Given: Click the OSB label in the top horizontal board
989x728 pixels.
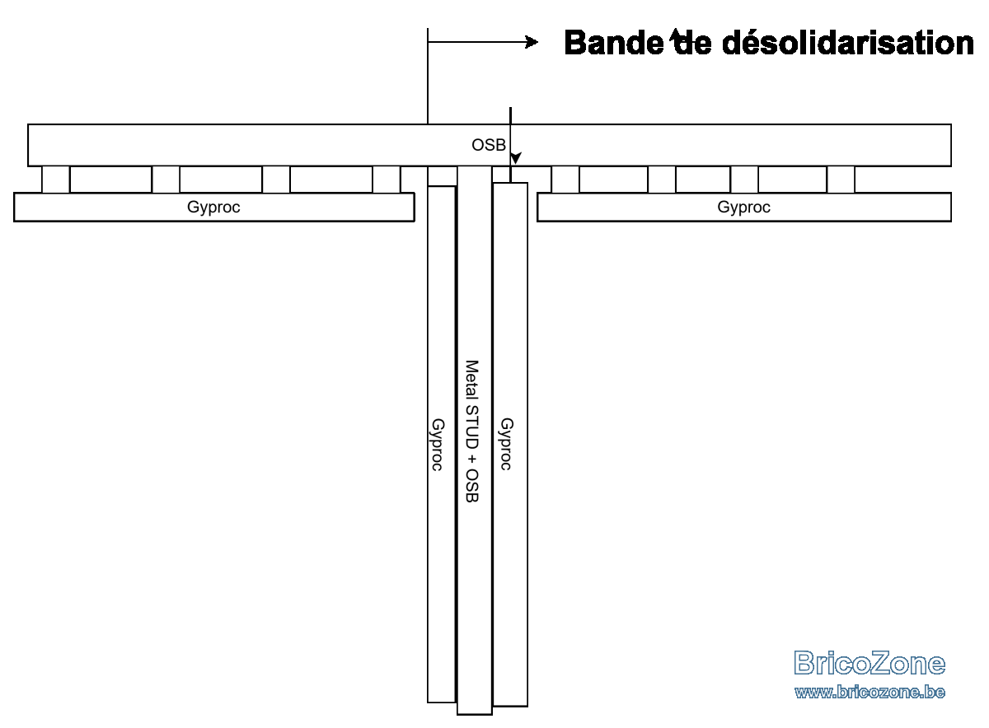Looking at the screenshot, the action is click(488, 145).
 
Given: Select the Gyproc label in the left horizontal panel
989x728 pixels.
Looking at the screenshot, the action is click(213, 208).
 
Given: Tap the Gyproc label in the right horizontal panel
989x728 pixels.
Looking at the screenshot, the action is click(744, 208).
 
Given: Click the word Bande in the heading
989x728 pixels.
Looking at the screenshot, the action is click(614, 43).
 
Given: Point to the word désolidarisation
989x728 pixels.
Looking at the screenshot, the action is click(848, 43).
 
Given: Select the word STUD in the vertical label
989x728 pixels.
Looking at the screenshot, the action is click(472, 427).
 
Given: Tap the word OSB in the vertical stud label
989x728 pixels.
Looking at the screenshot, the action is click(472, 486).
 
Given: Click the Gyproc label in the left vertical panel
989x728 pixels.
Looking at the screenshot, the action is click(438, 445).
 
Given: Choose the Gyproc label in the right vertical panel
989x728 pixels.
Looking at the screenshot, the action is click(506, 445).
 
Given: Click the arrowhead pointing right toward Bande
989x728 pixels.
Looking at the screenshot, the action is click(532, 42).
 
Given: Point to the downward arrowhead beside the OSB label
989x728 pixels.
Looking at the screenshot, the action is click(515, 158).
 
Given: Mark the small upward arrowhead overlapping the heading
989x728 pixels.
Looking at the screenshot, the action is click(675, 35).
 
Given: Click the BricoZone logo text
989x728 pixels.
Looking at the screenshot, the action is click(869, 663).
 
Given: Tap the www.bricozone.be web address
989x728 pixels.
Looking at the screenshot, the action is click(869, 692).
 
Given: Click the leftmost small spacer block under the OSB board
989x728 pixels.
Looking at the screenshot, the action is click(56, 180).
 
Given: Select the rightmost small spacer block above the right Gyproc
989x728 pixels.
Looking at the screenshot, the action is click(841, 180).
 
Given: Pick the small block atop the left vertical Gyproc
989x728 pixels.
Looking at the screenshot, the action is click(443, 176).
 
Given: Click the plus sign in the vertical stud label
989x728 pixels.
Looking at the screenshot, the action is click(472, 460).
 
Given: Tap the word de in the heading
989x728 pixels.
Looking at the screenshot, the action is click(691, 44).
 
